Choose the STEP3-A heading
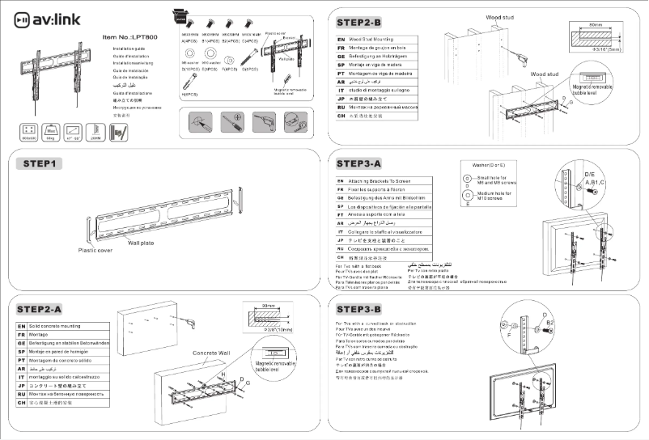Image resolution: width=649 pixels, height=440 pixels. click(x=371, y=165)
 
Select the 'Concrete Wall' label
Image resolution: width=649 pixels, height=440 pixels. click(x=212, y=353)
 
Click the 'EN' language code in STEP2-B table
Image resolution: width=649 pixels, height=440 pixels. click(x=341, y=38)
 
